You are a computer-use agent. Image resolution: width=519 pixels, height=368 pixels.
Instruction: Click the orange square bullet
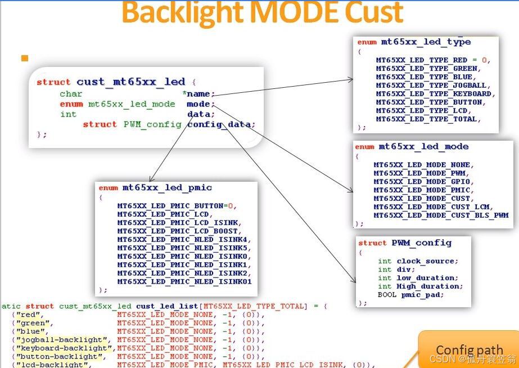click(x=24, y=58)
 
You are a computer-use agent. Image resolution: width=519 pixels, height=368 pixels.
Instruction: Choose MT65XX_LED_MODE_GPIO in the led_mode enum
click(x=424, y=182)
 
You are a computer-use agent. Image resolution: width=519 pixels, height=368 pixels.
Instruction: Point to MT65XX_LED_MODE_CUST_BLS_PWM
click(x=441, y=216)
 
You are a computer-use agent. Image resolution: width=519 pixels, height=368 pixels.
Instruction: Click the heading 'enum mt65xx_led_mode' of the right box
click(x=412, y=147)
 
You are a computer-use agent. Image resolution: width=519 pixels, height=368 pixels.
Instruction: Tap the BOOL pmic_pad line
click(x=410, y=295)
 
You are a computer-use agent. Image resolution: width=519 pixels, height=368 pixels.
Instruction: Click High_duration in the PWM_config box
click(x=430, y=286)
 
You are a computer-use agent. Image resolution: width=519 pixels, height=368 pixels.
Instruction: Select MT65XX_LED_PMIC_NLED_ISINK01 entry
click(x=184, y=281)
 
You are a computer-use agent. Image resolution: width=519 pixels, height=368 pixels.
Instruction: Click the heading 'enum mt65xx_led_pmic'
click(x=155, y=187)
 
